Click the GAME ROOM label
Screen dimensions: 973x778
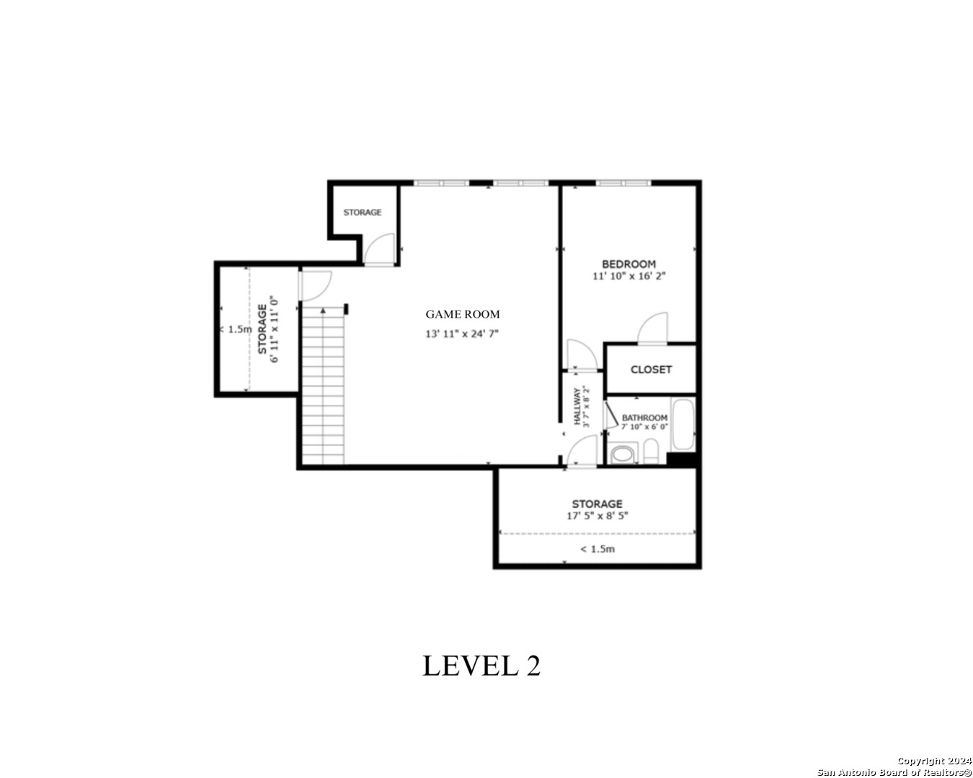[463, 314]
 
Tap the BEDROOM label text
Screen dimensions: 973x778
[628, 264]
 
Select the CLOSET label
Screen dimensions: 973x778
[651, 370]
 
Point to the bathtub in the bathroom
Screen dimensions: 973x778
[683, 424]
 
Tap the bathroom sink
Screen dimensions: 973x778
[623, 454]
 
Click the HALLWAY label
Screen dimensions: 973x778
[577, 406]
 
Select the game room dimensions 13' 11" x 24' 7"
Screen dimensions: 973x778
[461, 334]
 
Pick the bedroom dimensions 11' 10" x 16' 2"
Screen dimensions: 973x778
[629, 276]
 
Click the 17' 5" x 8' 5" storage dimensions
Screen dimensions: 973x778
[597, 515]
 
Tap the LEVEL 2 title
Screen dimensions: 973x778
[481, 666]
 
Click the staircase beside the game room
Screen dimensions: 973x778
[323, 385]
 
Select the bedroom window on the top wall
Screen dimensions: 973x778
[623, 183]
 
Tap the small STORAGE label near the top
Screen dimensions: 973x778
[362, 212]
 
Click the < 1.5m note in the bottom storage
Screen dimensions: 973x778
[597, 549]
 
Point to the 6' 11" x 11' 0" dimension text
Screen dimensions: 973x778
[274, 329]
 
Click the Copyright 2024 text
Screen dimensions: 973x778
[934, 761]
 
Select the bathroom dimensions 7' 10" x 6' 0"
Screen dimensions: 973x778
[644, 426]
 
